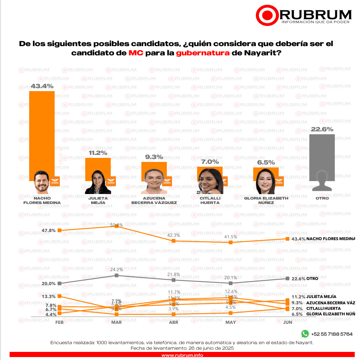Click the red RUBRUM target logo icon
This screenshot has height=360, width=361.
click(266, 15)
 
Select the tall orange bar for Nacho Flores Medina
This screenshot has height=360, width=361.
click(42, 133)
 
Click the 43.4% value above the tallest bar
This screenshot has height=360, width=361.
click(42, 86)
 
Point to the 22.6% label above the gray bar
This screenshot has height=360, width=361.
click(322, 129)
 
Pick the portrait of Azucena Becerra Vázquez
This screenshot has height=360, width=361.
click(154, 182)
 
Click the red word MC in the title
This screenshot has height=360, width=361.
click(135, 53)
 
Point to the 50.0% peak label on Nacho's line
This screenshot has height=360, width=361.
click(117, 225)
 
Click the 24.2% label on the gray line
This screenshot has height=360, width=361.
click(117, 270)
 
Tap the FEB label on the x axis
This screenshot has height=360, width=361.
click(59, 322)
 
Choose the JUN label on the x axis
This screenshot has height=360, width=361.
click(287, 322)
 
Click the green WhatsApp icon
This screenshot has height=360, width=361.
click(305, 334)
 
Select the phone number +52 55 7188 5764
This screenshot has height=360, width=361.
click(332, 334)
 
